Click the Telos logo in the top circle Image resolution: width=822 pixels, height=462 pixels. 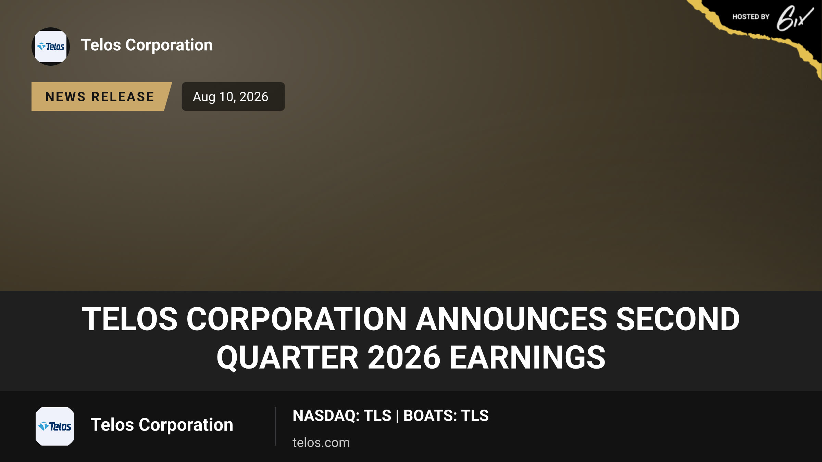click(x=51, y=47)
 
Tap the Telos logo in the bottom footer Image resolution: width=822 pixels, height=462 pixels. click(x=55, y=426)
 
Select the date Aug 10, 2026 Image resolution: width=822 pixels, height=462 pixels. click(x=231, y=97)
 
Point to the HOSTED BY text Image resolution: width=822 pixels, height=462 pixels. click(x=751, y=17)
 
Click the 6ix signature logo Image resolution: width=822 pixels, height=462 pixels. click(x=795, y=18)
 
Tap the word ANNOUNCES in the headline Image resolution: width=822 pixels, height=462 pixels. click(x=511, y=319)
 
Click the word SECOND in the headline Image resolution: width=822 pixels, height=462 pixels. click(x=678, y=319)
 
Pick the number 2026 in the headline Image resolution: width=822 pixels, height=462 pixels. click(x=404, y=358)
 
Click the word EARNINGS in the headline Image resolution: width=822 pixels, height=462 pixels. click(x=527, y=358)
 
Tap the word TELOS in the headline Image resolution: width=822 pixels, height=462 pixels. click(x=130, y=319)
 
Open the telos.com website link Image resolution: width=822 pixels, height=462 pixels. click(x=321, y=442)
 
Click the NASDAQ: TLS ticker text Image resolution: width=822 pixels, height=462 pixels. click(x=342, y=415)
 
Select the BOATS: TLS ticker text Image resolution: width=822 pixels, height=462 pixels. click(x=446, y=415)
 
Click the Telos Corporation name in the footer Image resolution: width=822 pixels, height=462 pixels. click(x=162, y=425)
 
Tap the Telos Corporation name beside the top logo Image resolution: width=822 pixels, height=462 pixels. click(x=147, y=45)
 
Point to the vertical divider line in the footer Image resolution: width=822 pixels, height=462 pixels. click(x=275, y=426)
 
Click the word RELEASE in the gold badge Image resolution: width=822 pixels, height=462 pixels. click(x=123, y=97)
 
